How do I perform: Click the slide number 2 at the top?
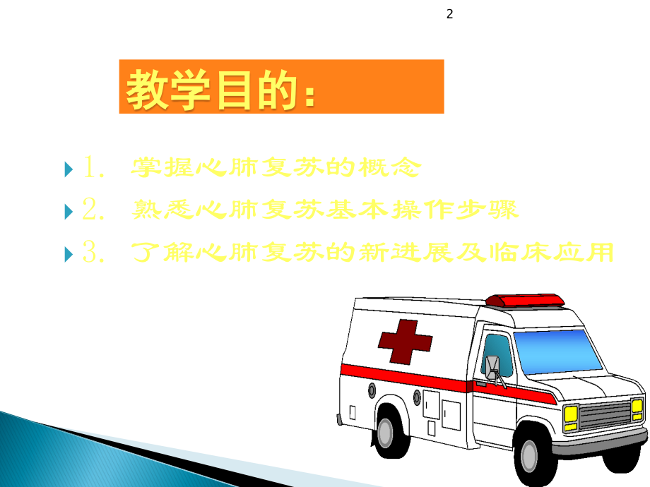449,13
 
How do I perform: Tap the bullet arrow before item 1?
68,169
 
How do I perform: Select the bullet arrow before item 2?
68,210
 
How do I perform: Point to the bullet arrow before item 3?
68,253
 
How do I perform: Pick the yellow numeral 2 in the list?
93,210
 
